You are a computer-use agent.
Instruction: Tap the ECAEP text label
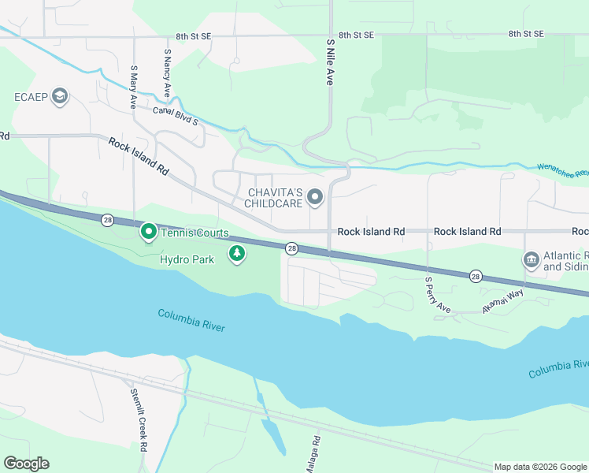[31, 97]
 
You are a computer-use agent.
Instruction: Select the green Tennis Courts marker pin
[147, 232]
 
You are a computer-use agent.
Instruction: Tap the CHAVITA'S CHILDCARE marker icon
[315, 197]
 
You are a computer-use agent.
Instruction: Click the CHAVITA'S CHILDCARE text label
[275, 198]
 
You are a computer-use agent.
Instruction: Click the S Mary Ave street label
[134, 88]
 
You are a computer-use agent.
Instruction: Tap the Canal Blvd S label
[175, 116]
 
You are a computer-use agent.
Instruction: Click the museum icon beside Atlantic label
[531, 259]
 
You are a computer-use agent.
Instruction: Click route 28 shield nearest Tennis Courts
[106, 220]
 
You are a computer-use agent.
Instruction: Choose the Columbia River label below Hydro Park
[191, 319]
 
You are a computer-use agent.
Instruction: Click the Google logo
[26, 464]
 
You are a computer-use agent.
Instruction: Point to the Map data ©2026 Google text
[540, 467]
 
